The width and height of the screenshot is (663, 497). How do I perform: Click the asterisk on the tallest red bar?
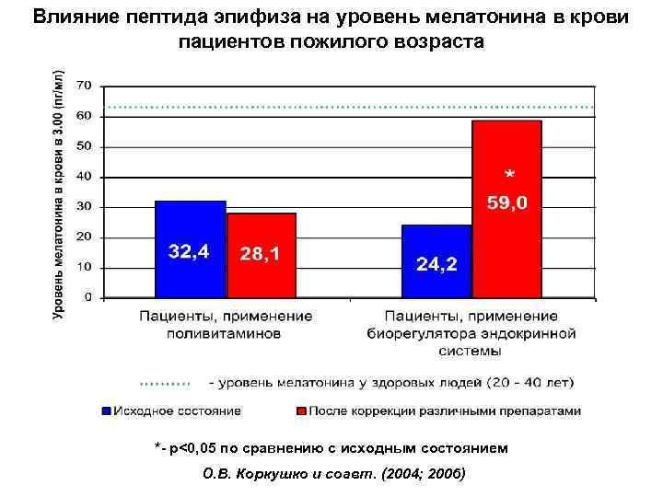pos(508,174)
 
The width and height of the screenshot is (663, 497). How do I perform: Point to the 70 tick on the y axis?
pos(84,86)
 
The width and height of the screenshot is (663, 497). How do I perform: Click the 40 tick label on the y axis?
pos(84,177)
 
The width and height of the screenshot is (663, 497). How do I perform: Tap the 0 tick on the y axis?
pos(88,298)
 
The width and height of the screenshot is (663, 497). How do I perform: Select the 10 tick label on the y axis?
pos(84,268)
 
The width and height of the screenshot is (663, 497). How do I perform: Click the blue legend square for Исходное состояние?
pos(106,410)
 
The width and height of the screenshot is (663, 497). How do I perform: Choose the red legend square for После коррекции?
pos(299,410)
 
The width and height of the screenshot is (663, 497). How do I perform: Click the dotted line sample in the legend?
pos(164,381)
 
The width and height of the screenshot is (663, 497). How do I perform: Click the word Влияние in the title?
pos(70,19)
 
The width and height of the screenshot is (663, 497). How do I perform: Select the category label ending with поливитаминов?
pos(225,333)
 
